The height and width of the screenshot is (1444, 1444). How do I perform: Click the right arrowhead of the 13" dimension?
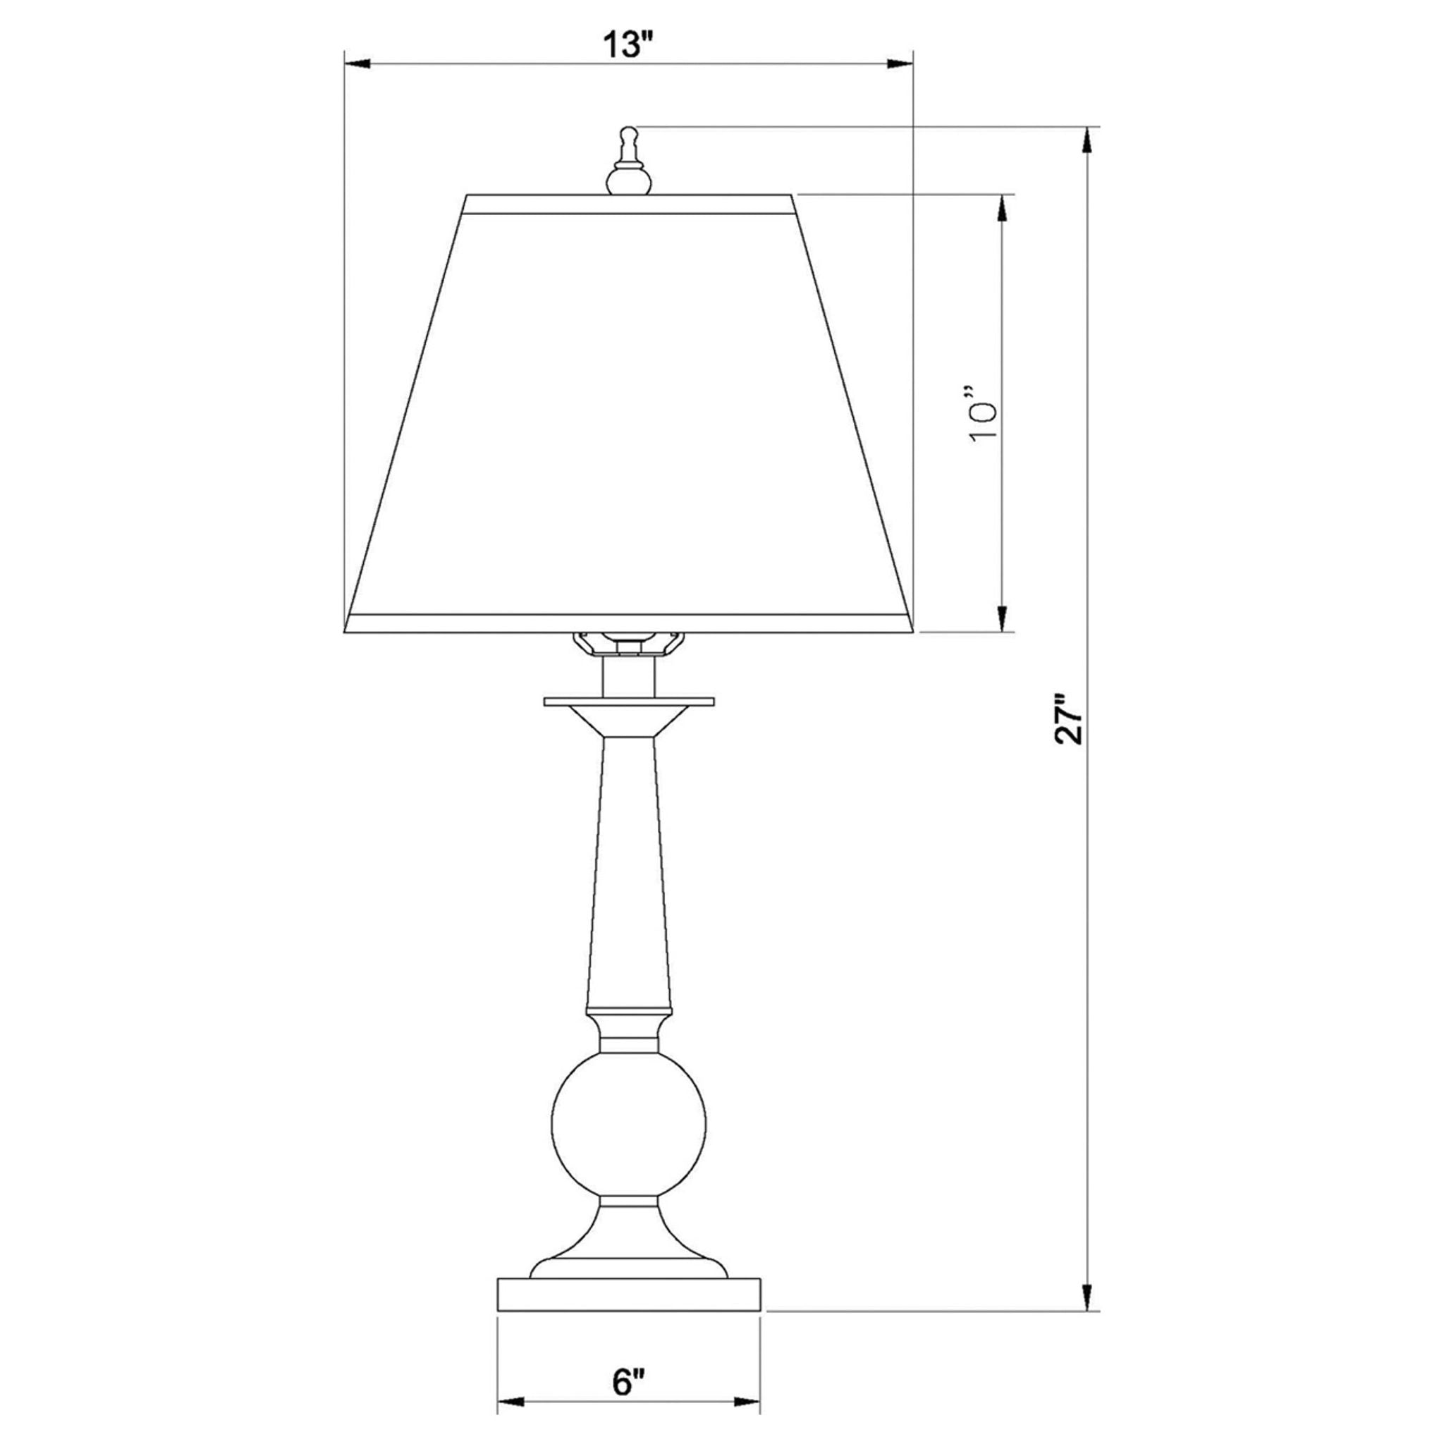pos(901,64)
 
